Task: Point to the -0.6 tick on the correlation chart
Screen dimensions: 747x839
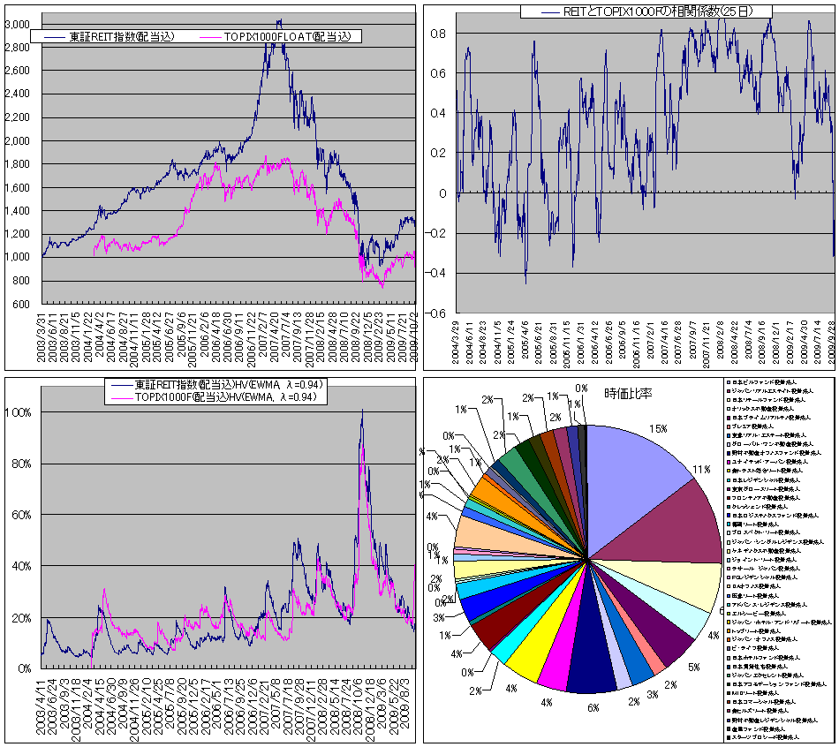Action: point(436,313)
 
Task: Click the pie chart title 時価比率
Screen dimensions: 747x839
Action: point(628,394)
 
